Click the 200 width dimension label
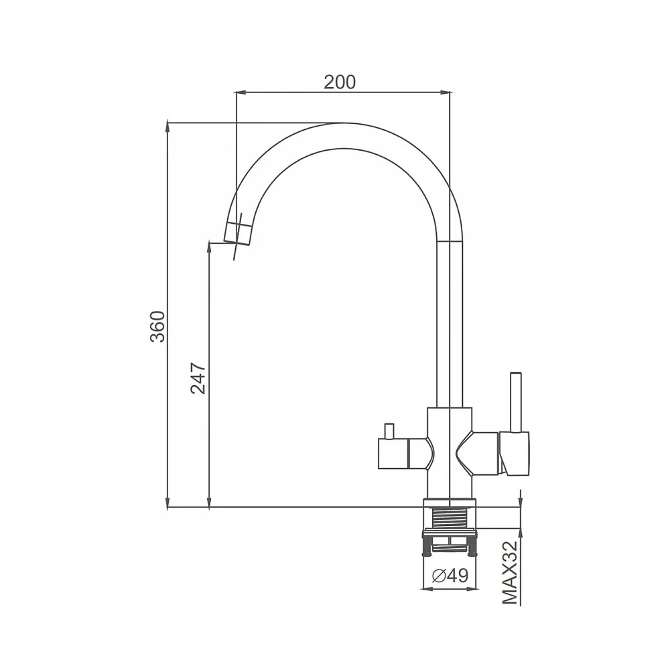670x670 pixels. point(340,82)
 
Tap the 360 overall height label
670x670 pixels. point(157,326)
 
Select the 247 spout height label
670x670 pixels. point(198,378)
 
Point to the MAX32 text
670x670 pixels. point(510,573)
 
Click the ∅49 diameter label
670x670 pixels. point(450,575)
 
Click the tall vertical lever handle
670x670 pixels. point(517,402)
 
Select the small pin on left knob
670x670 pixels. point(389,431)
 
